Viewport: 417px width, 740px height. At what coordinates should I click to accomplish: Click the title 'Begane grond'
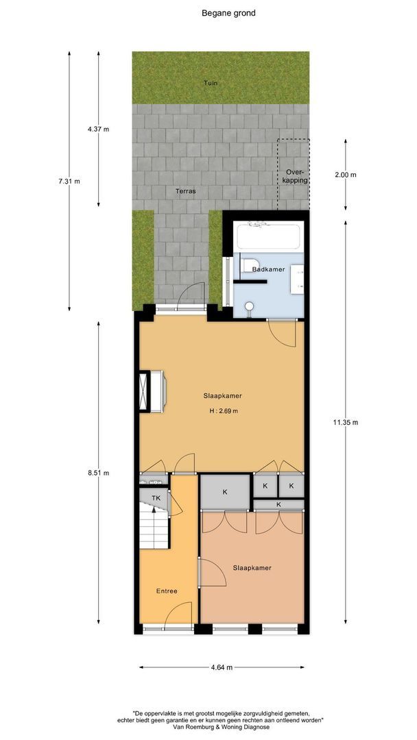(x=228, y=13)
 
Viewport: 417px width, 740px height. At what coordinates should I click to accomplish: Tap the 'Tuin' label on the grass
(x=211, y=83)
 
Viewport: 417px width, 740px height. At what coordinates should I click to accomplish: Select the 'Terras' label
(x=185, y=192)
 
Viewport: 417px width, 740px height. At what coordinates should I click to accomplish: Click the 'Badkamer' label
(x=268, y=269)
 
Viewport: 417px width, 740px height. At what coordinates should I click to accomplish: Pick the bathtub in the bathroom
(x=268, y=236)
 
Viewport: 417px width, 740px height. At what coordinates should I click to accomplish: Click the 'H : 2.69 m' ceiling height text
(x=224, y=410)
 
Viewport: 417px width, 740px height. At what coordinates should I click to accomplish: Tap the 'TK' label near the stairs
(x=156, y=498)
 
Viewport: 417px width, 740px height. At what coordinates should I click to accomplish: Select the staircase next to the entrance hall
(x=154, y=526)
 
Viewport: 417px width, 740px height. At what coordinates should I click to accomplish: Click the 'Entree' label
(x=167, y=591)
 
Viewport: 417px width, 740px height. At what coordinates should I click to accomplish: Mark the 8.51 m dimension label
(x=98, y=473)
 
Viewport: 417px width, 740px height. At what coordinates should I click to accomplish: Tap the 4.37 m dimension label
(x=98, y=129)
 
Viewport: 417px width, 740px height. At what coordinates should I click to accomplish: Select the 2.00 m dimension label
(x=345, y=175)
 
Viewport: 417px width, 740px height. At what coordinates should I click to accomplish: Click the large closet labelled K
(x=225, y=492)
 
